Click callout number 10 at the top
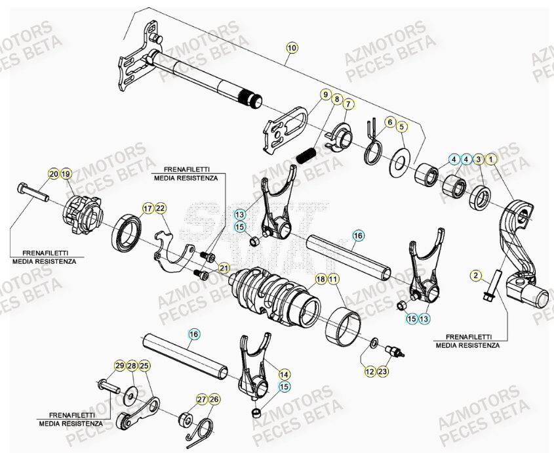click(x=292, y=47)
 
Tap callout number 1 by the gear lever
click(x=492, y=159)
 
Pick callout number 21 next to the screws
click(x=224, y=267)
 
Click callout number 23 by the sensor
click(x=384, y=372)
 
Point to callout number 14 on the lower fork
click(x=284, y=374)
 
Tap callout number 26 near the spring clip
click(x=215, y=399)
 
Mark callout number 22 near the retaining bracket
click(x=161, y=208)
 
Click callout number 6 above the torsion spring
click(x=389, y=122)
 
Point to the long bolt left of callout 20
click(x=33, y=193)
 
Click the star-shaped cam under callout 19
click(x=84, y=213)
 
